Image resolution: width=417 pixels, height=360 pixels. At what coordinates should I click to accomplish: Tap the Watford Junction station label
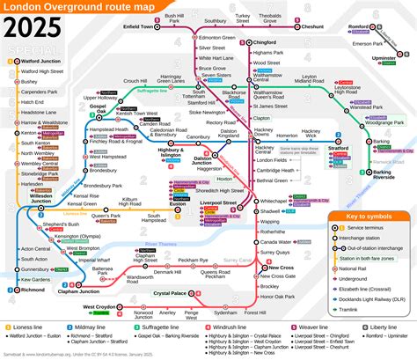[x=40, y=61]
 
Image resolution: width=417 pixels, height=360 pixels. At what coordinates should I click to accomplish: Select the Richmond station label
[x=33, y=289]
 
